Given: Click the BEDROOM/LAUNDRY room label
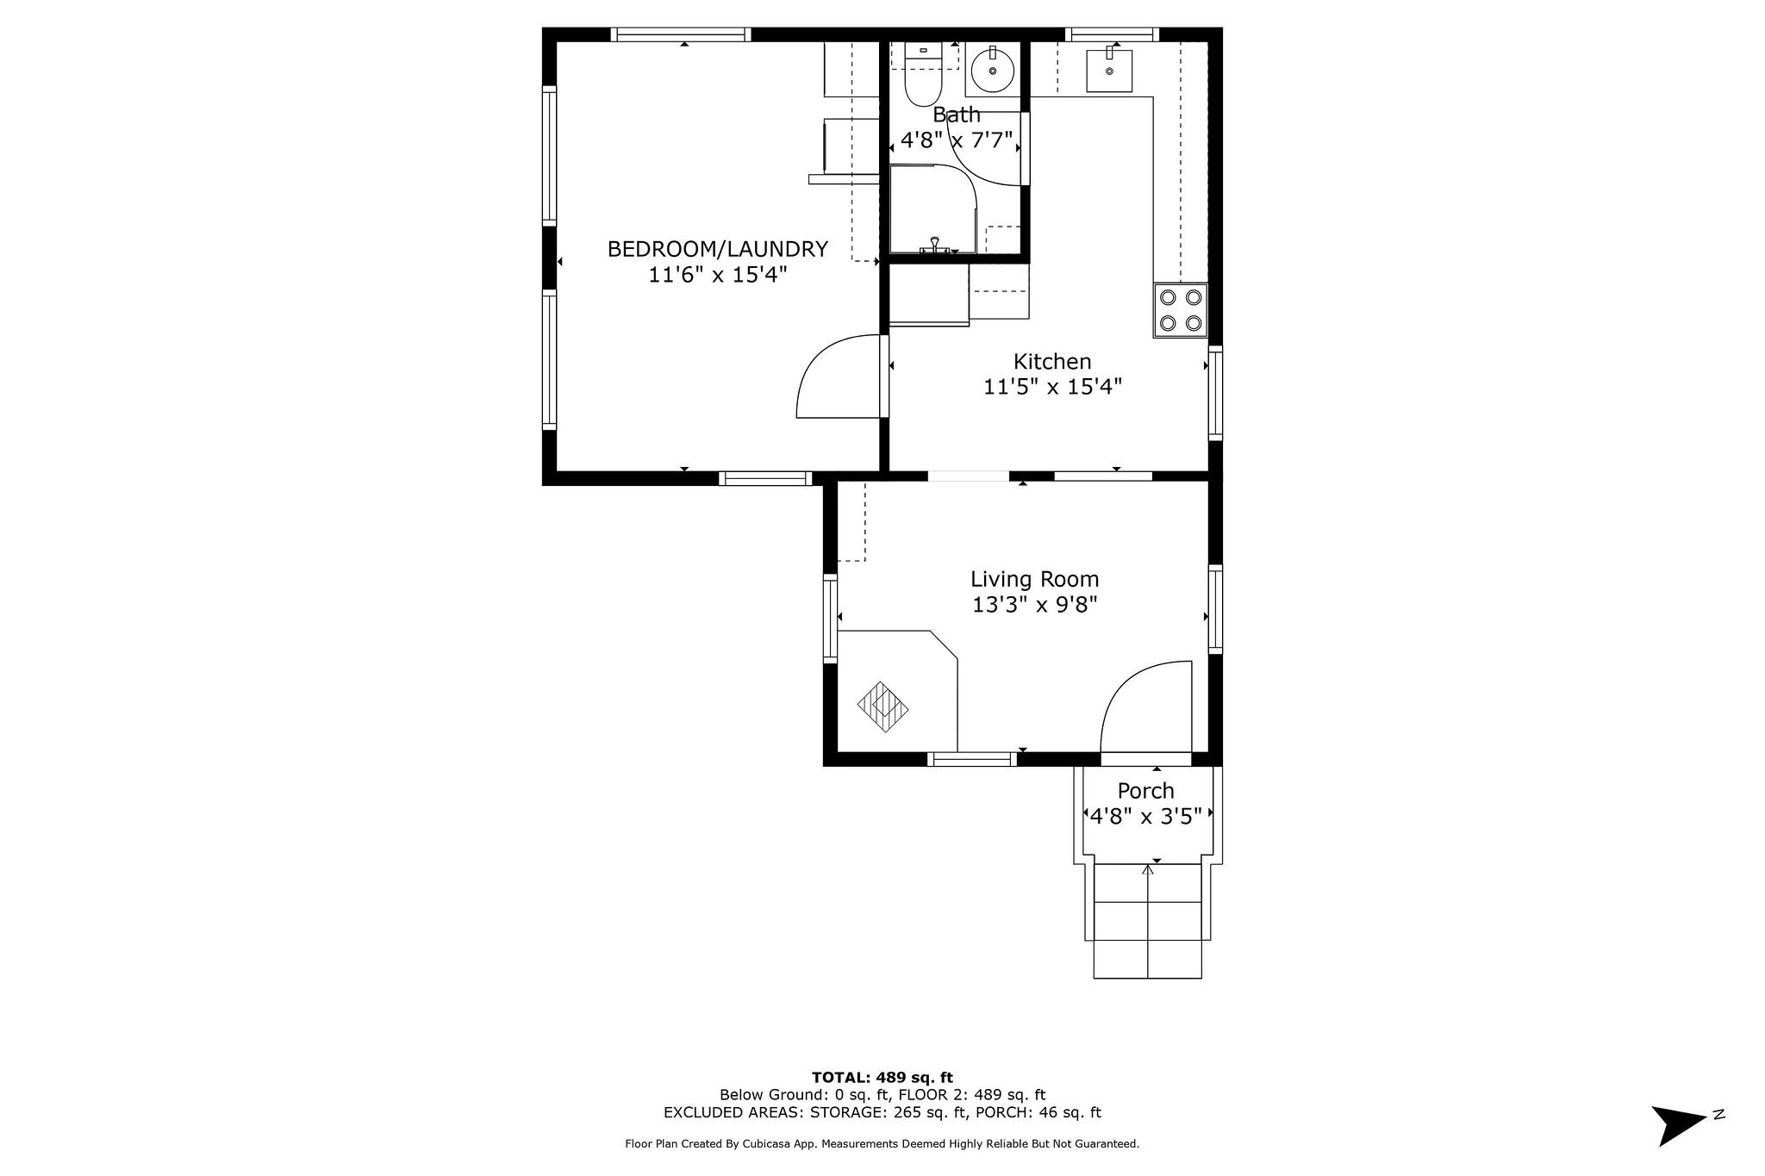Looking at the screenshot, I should pyautogui.click(x=717, y=249).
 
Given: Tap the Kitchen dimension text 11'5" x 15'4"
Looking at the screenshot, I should pyautogui.click(x=1052, y=387).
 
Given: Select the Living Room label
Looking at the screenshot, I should pyautogui.click(x=1034, y=579).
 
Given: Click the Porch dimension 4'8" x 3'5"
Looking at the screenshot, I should pyautogui.click(x=1145, y=816).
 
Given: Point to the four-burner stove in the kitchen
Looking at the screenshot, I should pyautogui.click(x=1180, y=310).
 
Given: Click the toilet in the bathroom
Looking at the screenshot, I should pyautogui.click(x=922, y=83).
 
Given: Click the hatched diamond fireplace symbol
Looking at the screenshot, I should pyautogui.click(x=883, y=706).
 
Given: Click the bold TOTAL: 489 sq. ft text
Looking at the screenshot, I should pyautogui.click(x=882, y=1077).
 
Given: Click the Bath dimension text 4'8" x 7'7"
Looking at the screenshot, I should pyautogui.click(x=956, y=140).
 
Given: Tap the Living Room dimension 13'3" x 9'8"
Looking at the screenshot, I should pyautogui.click(x=1034, y=605).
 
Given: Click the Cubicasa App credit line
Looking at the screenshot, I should pyautogui.click(x=882, y=1144).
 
